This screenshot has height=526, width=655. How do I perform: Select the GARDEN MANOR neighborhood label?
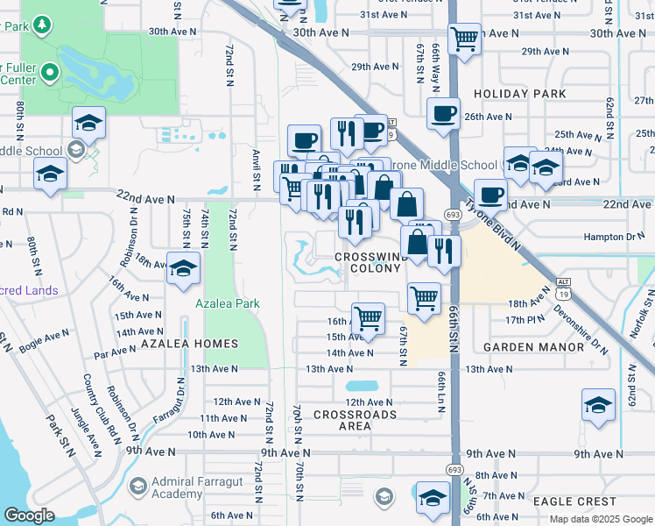point(533,347)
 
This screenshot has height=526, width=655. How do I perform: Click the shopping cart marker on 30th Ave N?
point(463,38)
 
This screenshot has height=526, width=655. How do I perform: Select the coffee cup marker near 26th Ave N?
point(444,113)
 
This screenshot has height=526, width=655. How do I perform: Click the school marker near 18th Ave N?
point(182,268)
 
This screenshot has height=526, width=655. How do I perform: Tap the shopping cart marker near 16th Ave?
point(368,317)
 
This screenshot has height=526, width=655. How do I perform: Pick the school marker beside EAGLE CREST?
point(433,498)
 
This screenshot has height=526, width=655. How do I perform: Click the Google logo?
point(29,515)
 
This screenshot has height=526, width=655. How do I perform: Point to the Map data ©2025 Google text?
point(600,519)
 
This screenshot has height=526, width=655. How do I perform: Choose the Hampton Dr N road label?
point(615,237)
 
